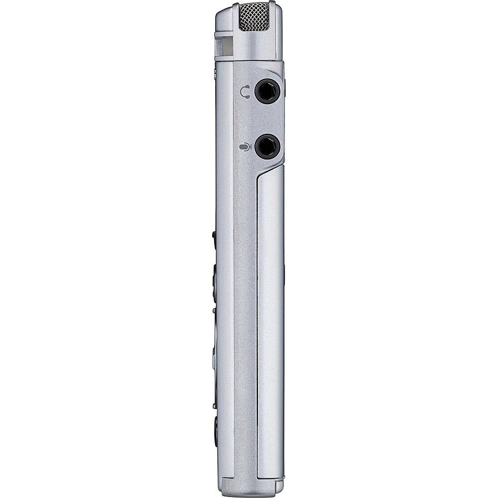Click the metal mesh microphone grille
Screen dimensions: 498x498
click(254, 17)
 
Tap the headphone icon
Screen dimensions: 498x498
click(245, 92)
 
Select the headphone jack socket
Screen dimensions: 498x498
click(267, 92)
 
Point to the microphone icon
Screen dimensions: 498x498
click(245, 147)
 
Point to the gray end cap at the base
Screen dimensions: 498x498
click(249, 487)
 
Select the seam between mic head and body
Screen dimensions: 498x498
click(249, 61)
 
